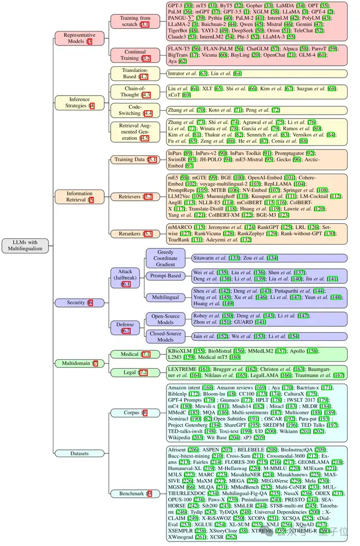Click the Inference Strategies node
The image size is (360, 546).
(x=79, y=102)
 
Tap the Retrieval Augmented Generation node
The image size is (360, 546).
(x=137, y=134)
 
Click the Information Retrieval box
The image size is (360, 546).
(x=79, y=196)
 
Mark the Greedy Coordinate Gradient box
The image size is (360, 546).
(x=165, y=258)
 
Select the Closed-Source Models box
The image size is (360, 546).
(x=165, y=336)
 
